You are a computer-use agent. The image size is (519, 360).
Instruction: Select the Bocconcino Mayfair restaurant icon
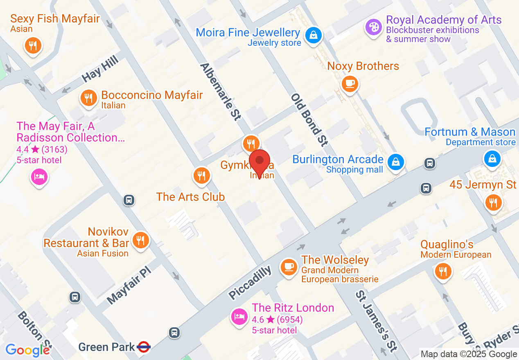point(88,98)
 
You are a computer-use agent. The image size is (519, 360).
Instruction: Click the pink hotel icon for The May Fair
point(39,177)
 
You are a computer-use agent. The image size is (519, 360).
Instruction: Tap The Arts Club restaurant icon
point(201,175)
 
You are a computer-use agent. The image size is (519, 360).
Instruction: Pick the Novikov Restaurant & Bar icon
point(140,240)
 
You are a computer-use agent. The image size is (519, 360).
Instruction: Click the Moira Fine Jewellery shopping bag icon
point(313,35)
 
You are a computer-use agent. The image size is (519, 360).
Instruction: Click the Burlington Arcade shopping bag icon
point(396,162)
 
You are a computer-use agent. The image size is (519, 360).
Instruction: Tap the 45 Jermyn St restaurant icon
point(493,202)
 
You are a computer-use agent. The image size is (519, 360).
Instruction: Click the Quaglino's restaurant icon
point(442,271)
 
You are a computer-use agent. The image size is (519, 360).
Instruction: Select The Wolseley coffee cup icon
point(289,267)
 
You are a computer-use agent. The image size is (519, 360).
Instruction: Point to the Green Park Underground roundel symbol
point(144,347)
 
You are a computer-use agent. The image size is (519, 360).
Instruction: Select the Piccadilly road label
point(250,282)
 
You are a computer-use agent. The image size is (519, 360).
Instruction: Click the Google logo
point(28,350)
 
